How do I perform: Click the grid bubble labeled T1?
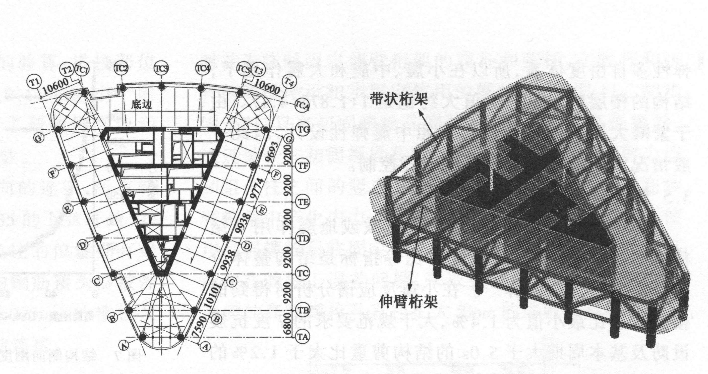tap(34, 82)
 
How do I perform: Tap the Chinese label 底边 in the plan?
tap(141, 105)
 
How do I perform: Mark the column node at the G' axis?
tap(58, 130)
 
